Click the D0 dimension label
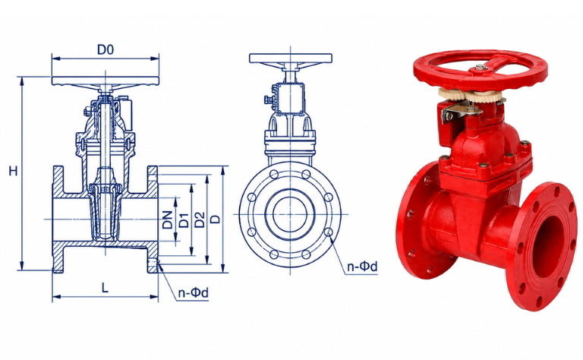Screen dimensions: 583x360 (106, 49)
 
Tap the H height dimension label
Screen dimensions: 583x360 (14, 171)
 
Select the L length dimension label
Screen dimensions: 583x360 (106, 288)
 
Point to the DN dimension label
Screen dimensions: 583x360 (168, 219)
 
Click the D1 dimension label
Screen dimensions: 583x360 (184, 220)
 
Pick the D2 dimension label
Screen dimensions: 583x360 (200, 219)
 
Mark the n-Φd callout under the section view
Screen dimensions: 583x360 (194, 293)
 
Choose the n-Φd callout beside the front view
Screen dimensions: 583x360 (362, 267)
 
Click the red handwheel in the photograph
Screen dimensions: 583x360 (480, 70)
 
